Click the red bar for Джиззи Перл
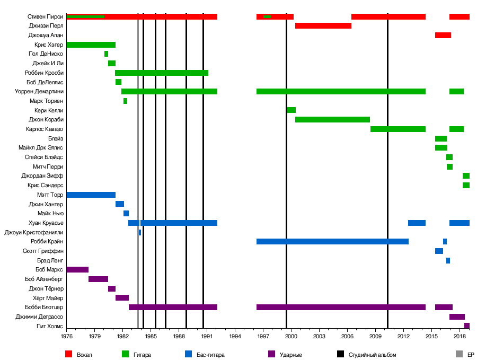(323, 26)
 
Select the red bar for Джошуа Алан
(443, 36)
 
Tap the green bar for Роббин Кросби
(161, 73)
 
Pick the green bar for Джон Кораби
(332, 120)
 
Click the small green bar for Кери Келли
(291, 110)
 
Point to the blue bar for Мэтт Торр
(91, 195)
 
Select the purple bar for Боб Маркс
(77, 270)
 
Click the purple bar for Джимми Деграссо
(457, 317)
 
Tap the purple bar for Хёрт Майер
(122, 298)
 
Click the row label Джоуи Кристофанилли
(34, 232)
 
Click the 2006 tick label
(347, 336)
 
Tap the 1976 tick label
(67, 336)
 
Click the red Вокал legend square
(68, 354)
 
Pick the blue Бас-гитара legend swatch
(188, 354)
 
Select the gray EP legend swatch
(459, 354)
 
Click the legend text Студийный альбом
(372, 355)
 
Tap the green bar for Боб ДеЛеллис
(118, 82)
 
